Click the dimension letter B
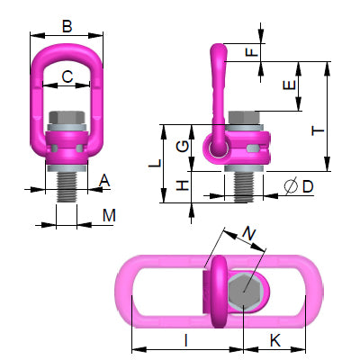(67, 26)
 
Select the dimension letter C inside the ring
(67, 77)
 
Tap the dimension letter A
(104, 181)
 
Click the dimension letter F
(251, 52)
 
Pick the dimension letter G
(183, 145)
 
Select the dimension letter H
(183, 185)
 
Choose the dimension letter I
(184, 340)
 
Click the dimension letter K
(276, 340)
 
